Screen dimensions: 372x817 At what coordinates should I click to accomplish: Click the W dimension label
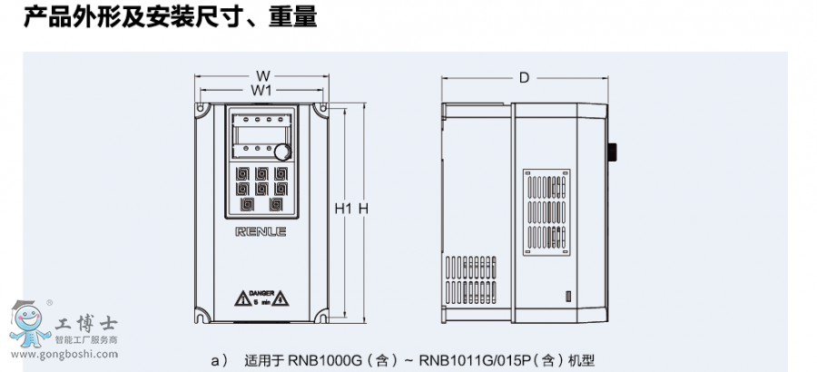tap(262, 75)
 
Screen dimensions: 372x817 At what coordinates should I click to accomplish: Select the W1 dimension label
tap(262, 91)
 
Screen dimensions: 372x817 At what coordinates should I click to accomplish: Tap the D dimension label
tap(524, 78)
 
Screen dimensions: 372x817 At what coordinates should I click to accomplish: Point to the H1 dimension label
tap(342, 209)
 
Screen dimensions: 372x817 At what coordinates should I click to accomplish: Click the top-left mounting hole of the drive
tap(200, 108)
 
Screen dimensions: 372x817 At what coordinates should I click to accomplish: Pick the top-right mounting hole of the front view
tap(322, 108)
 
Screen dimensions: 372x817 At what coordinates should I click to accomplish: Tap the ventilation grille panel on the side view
tap(548, 214)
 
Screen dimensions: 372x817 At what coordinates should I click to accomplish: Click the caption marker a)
tap(219, 360)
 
